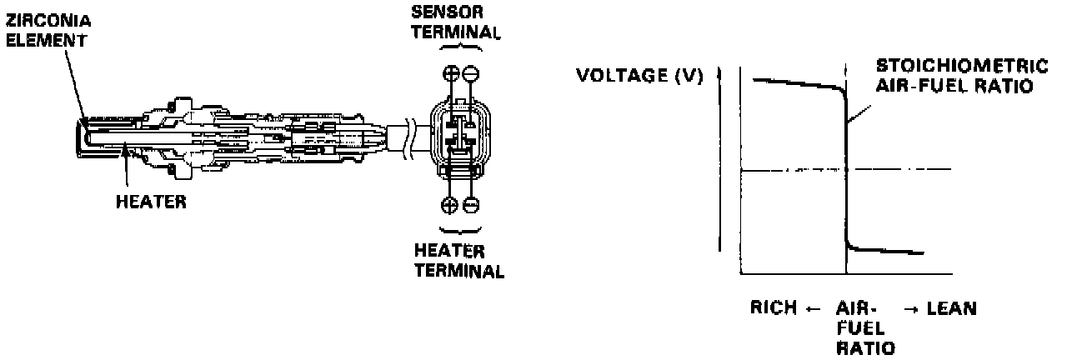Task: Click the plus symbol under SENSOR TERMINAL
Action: click(451, 72)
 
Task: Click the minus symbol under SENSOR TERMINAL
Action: click(471, 72)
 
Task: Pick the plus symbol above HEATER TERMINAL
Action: click(451, 204)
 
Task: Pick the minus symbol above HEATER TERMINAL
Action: click(471, 204)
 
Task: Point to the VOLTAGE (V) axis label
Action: click(639, 77)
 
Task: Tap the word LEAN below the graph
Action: click(953, 308)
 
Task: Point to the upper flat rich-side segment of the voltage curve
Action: click(796, 82)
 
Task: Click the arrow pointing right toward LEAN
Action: click(910, 309)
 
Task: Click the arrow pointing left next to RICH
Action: click(814, 309)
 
